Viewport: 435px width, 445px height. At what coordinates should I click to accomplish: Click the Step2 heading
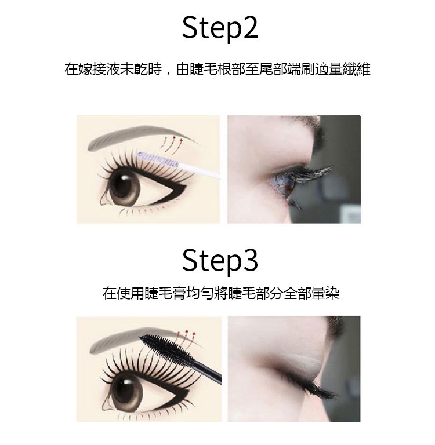220,28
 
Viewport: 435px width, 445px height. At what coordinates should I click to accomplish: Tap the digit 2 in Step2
248,27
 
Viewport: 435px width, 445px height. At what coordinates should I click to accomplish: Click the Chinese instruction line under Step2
217,70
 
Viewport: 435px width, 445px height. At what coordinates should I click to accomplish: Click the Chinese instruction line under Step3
221,293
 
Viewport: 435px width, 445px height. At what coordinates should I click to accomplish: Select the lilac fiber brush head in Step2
157,159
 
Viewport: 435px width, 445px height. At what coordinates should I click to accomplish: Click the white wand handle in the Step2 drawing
200,170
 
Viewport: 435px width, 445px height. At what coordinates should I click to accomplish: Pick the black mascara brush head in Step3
167,348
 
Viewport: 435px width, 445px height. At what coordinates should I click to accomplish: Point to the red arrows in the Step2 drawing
172,143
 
